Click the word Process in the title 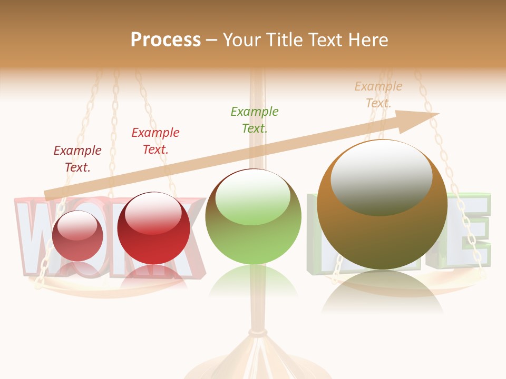(166, 39)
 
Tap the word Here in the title (367, 39)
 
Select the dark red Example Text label (77, 158)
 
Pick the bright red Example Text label (155, 141)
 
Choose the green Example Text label (255, 119)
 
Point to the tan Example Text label (378, 95)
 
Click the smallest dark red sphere (78, 236)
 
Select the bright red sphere (153, 228)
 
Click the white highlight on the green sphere (253, 196)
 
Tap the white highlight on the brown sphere (381, 177)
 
